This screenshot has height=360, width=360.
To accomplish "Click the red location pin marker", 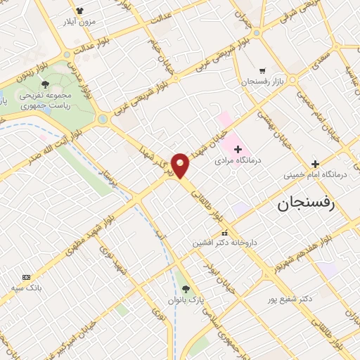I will (181, 165).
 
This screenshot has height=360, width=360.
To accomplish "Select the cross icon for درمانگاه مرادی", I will (238, 149).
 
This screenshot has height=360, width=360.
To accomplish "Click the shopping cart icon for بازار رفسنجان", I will (262, 71).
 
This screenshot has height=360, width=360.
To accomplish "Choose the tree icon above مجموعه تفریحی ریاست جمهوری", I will (46, 84).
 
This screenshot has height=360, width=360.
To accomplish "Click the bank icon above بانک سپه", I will (27, 277).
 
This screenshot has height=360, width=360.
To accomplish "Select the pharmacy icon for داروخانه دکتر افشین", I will (224, 233).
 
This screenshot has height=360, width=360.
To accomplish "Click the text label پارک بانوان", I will (186, 300).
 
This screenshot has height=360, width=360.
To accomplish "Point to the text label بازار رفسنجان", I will (262, 82).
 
